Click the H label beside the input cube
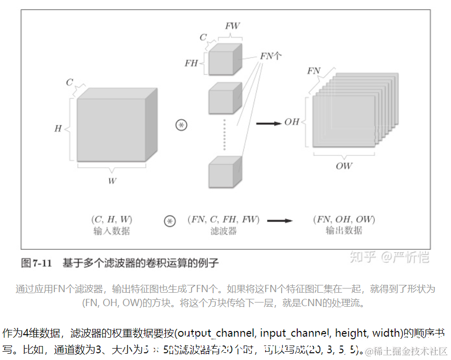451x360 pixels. [x=58, y=128]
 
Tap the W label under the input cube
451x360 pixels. [x=112, y=181]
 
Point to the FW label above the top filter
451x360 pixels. [x=232, y=25]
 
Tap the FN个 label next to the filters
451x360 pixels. [x=271, y=55]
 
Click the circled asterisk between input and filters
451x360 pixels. [x=181, y=125]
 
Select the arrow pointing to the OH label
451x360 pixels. [x=268, y=123]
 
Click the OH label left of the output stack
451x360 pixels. [x=292, y=122]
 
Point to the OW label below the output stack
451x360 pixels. [x=343, y=166]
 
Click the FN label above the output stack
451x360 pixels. [x=313, y=71]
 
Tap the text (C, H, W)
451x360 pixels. [x=111, y=219]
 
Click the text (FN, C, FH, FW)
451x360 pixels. [x=223, y=219]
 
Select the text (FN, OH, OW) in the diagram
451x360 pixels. [x=344, y=219]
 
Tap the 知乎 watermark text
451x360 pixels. [x=362, y=256]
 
